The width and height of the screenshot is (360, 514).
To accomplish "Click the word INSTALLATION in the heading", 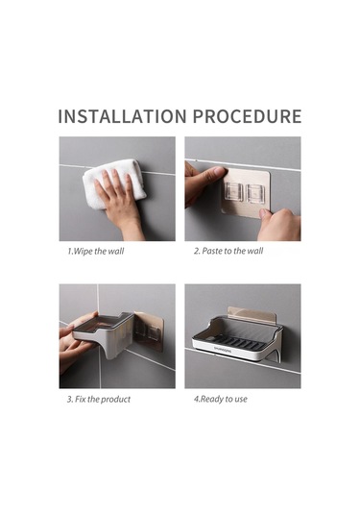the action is pyautogui.click(x=122, y=116).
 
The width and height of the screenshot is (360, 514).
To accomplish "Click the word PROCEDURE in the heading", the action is pyautogui.click(x=247, y=116).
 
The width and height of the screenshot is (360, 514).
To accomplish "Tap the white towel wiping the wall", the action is pyautogui.click(x=113, y=183).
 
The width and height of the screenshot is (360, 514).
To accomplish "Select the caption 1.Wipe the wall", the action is pyautogui.click(x=96, y=252).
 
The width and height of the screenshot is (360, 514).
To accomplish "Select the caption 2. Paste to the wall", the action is pyautogui.click(x=228, y=251).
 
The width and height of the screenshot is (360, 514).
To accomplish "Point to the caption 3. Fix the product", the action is pyautogui.click(x=99, y=400).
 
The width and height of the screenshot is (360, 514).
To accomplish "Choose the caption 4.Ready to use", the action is pyautogui.click(x=221, y=399).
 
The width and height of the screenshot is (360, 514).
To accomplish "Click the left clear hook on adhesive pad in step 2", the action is pyautogui.click(x=233, y=192).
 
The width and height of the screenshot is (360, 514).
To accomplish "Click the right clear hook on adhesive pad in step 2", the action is pyautogui.click(x=255, y=193).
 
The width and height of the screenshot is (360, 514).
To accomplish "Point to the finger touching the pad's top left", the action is pyautogui.click(x=213, y=171).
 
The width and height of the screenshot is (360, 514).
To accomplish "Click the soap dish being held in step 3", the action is pyautogui.click(x=103, y=332).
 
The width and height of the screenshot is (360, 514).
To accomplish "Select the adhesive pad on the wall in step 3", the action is pyautogui.click(x=149, y=331).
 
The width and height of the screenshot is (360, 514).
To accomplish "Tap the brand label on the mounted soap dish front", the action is pyautogui.click(x=223, y=351).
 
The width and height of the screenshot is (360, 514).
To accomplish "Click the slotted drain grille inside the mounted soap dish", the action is pyautogui.click(x=240, y=341).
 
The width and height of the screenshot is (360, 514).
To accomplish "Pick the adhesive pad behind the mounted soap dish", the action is pyautogui.click(x=252, y=314).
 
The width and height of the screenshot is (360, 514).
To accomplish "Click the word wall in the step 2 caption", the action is pyautogui.click(x=255, y=251).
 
